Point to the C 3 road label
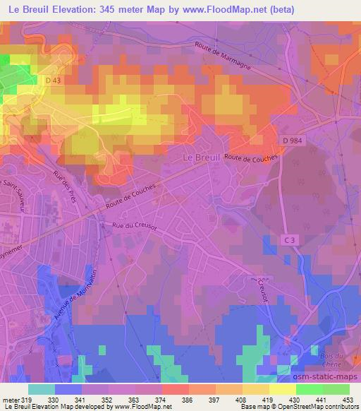pyautogui.click(x=289, y=241)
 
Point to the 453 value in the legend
pyautogui.click(x=345, y=399)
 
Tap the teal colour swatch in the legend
pyautogui.click(x=42, y=389)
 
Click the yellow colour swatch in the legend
pyautogui.click(x=282, y=389)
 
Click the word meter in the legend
pyautogui.click(x=9, y=399)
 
